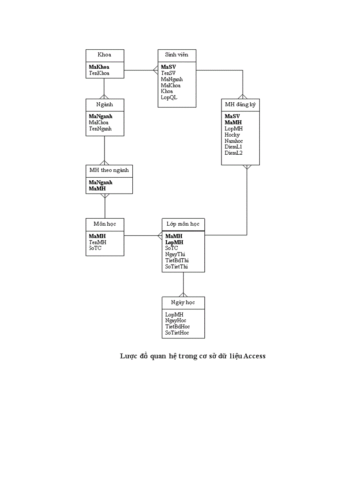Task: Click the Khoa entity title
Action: pyautogui.click(x=104, y=55)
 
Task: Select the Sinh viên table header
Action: pyautogui.click(x=176, y=55)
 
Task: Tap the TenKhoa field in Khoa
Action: pyautogui.click(x=99, y=73)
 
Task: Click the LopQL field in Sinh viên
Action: pyautogui.click(x=169, y=97)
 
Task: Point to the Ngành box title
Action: pyautogui.click(x=105, y=104)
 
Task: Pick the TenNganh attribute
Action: pyautogui.click(x=100, y=129)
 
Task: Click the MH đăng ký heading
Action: pyautogui.click(x=240, y=105)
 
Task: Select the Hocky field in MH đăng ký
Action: pyautogui.click(x=232, y=135)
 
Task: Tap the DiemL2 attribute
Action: pyautogui.click(x=233, y=153)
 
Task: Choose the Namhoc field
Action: pyautogui.click(x=234, y=141)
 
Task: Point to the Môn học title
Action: pyautogui.click(x=105, y=224)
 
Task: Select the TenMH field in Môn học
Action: pyautogui.click(x=97, y=242)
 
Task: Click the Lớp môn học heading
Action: pyautogui.click(x=183, y=224)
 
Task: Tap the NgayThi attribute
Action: pyautogui.click(x=175, y=254)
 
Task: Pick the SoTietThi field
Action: pyautogui.click(x=177, y=267)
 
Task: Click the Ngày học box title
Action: pyautogui.click(x=183, y=302)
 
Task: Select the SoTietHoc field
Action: pyautogui.click(x=177, y=333)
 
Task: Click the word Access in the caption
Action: pyautogui.click(x=255, y=356)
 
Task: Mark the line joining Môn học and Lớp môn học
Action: pyautogui.click(x=141, y=235)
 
